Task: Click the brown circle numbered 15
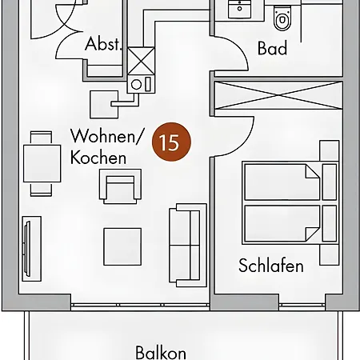click(x=171, y=142)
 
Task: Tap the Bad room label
click(x=272, y=48)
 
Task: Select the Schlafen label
click(x=271, y=266)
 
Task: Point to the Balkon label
click(x=161, y=353)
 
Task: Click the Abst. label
click(x=103, y=44)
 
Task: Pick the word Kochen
click(x=98, y=158)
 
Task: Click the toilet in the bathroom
click(x=282, y=18)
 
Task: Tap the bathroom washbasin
click(x=239, y=10)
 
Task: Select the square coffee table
click(x=122, y=246)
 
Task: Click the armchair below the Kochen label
click(x=120, y=186)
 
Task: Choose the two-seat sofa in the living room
click(x=188, y=245)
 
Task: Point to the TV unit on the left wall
click(x=31, y=249)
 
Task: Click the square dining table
click(x=42, y=163)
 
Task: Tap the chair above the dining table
click(x=41, y=138)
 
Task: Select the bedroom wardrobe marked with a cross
click(x=278, y=95)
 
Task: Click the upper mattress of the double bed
click(x=282, y=182)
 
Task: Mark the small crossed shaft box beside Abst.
click(x=141, y=61)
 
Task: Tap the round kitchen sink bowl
click(x=136, y=85)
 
